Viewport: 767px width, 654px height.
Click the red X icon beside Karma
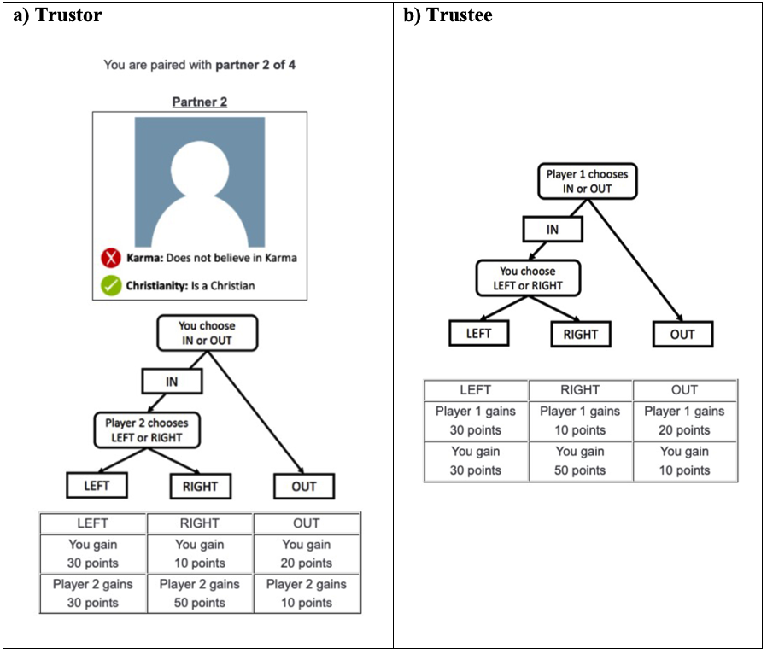[111, 258]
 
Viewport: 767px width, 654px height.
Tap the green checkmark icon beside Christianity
[111, 285]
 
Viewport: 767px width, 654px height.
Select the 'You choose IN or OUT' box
[207, 333]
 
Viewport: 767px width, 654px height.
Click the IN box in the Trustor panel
[172, 382]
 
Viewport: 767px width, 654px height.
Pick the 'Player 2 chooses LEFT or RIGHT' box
[147, 430]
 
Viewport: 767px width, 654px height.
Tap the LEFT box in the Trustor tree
[97, 485]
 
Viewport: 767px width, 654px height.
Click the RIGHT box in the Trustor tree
[200, 487]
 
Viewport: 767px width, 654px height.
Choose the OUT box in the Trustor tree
[304, 487]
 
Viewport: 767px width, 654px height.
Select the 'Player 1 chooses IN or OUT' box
[587, 181]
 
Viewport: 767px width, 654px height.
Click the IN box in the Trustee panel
[553, 230]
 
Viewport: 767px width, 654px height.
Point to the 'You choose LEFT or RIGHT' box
[528, 278]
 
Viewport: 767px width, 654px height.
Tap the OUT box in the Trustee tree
[682, 335]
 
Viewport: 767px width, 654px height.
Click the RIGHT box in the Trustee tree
[581, 335]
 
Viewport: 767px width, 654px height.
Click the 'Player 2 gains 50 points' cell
[200, 593]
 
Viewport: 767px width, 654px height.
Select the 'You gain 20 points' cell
[307, 554]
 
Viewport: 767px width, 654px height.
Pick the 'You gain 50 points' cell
[580, 461]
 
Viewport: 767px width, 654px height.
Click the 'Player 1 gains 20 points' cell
[684, 421]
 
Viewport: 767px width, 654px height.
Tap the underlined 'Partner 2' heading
[200, 102]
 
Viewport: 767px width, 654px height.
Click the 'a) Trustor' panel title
[58, 15]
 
